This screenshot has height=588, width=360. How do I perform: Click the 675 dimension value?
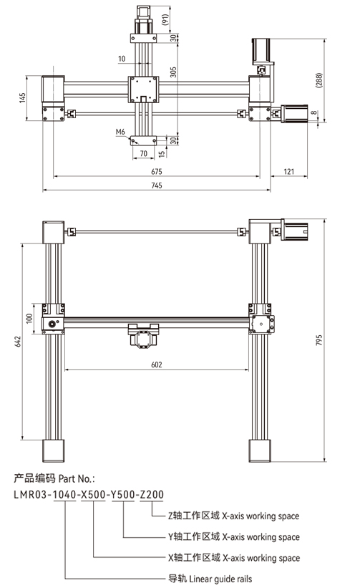tap(157, 171)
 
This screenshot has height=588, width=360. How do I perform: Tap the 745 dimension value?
tap(157, 185)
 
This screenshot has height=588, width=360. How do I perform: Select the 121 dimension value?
tap(289, 171)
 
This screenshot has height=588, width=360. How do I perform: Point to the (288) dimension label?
tap(318, 80)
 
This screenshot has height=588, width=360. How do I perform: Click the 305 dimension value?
tap(173, 72)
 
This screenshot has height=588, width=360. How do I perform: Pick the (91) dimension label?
tap(165, 19)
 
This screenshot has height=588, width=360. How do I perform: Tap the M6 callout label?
tap(120, 132)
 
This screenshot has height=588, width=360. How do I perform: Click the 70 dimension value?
tap(143, 153)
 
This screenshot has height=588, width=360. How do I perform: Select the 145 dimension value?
tap(22, 98)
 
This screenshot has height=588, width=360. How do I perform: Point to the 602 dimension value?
tap(157, 365)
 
